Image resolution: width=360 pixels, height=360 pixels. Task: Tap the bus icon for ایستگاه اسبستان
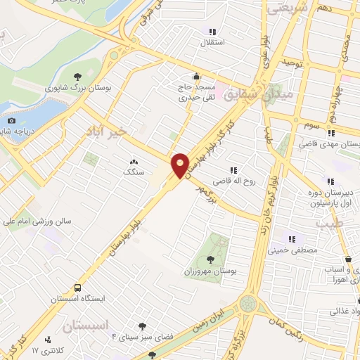(x=77, y=288)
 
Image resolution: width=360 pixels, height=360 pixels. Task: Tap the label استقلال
(x=212, y=43)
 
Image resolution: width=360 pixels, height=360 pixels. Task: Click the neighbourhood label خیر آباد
(x=105, y=131)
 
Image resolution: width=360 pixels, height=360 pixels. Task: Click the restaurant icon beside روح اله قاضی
(x=233, y=169)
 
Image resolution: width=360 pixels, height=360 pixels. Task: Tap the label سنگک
(x=133, y=172)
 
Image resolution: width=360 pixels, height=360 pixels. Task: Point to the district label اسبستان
(x=87, y=326)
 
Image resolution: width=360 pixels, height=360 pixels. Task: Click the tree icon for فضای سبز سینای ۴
(x=143, y=326)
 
